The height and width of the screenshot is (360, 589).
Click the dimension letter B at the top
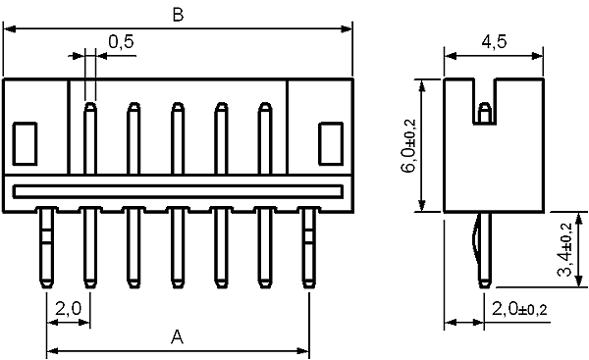click(178, 15)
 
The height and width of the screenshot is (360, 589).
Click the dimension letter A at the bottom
click(177, 336)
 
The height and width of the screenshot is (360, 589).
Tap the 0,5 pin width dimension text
click(121, 41)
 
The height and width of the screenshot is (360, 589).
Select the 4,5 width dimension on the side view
click(494, 41)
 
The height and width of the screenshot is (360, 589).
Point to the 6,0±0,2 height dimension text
click(409, 145)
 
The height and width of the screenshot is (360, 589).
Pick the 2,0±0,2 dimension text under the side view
click(519, 309)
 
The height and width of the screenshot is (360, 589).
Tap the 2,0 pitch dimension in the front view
click(68, 309)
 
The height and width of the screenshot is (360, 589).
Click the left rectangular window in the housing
click(25, 144)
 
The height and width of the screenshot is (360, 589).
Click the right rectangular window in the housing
click(331, 144)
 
